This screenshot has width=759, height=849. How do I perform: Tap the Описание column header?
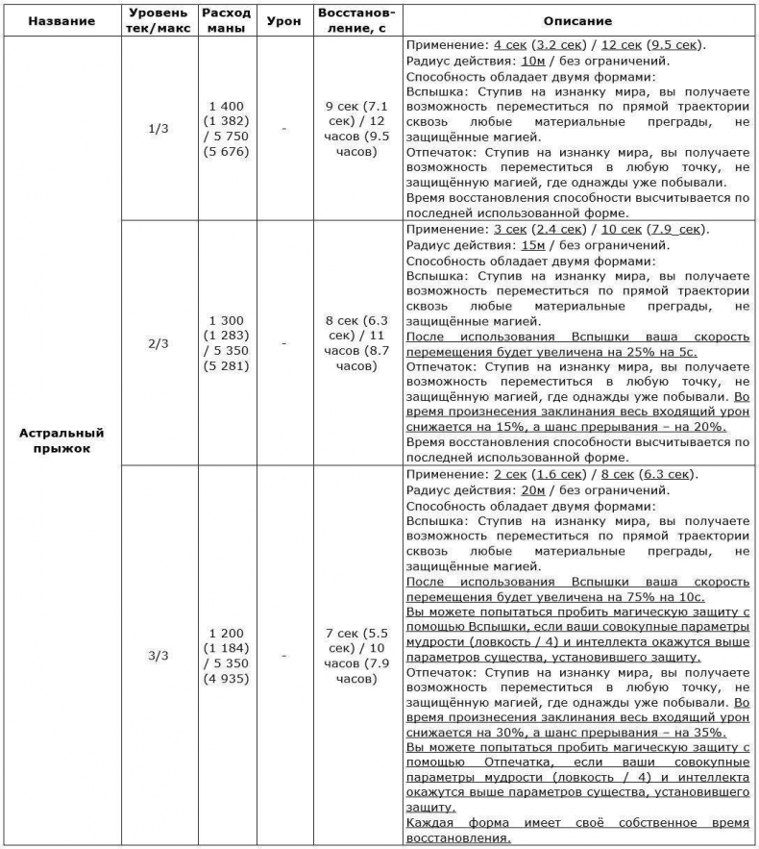point(577,20)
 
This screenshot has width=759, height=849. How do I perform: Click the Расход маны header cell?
point(227,20)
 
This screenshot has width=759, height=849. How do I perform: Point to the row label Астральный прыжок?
point(61,440)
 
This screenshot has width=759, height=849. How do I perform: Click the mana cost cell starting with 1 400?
point(227,128)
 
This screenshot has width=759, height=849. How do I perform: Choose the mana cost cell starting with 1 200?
point(227,656)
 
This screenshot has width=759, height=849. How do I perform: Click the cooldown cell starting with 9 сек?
point(356,128)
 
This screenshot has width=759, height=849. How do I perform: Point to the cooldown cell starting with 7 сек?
point(356,656)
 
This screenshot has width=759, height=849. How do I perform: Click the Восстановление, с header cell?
point(356,20)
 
